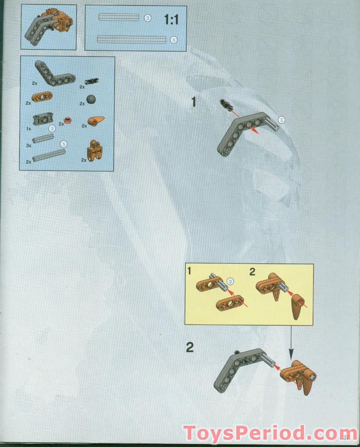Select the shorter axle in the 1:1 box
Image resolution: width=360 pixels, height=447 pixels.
click(118, 18)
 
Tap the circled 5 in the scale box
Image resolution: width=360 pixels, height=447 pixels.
click(173, 40)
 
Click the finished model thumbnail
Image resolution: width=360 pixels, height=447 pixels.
click(49, 27)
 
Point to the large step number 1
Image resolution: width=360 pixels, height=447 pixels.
click(193, 102)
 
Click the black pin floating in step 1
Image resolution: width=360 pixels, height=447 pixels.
click(226, 105)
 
